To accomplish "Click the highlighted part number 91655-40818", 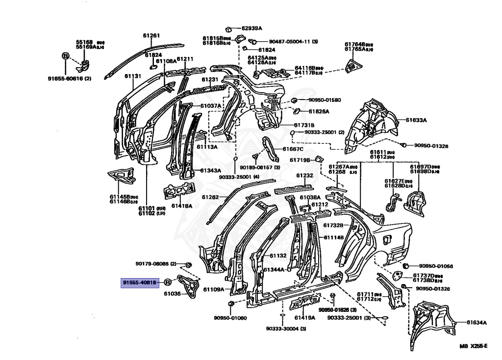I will point(140,283).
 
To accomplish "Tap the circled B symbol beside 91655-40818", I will point(167,282).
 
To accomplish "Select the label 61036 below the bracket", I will point(172,294).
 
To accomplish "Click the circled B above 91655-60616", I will point(65,56).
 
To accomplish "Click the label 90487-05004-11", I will point(290,42).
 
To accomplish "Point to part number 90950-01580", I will point(324,100).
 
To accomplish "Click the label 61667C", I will point(293,149).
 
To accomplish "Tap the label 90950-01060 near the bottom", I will point(230,318).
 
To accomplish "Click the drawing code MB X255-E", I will point(473,346).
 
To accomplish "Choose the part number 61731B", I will point(304,125).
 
